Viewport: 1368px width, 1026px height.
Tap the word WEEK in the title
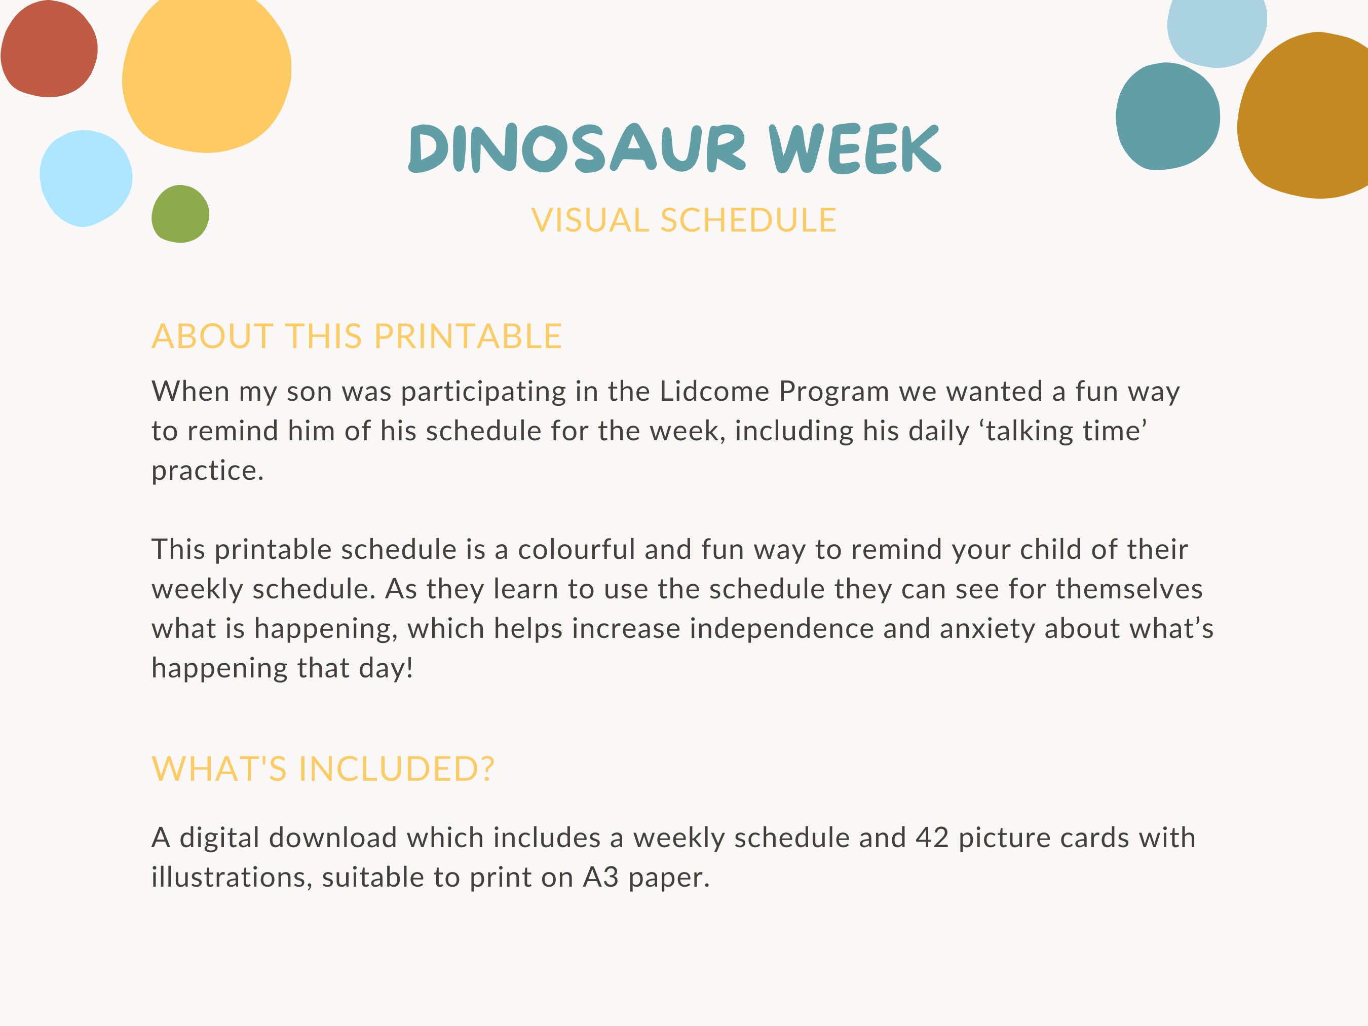pos(855,148)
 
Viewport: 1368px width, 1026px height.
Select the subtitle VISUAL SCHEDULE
pos(683,221)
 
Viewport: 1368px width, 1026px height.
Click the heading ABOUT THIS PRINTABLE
pos(357,336)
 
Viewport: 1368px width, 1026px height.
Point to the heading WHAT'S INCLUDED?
pos(323,769)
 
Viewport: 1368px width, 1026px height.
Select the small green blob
pos(180,214)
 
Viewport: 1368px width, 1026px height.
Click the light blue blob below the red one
pos(85,178)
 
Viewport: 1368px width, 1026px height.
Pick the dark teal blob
pos(1167,116)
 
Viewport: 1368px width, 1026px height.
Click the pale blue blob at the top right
pos(1216,28)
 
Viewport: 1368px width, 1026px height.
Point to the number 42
pos(932,838)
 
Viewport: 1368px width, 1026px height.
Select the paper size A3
pos(600,878)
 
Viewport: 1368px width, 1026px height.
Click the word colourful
pos(576,550)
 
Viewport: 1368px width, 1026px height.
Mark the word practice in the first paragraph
pos(207,471)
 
